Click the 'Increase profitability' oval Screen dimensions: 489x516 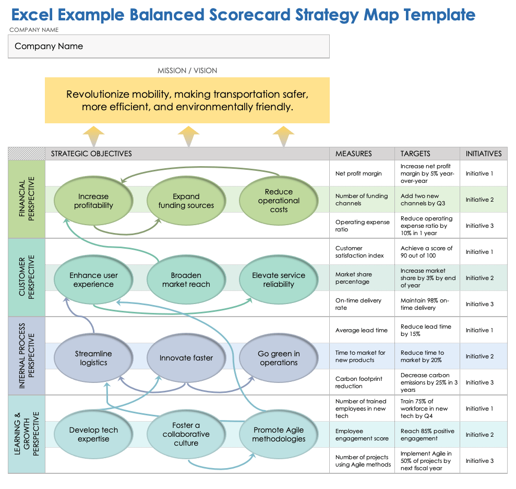[93, 201]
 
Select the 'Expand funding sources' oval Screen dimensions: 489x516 [186, 201]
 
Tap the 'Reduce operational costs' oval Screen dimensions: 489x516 [279, 201]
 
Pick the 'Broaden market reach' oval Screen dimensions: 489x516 [186, 280]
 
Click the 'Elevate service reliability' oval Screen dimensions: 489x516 [279, 280]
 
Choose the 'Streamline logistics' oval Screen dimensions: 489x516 [93, 358]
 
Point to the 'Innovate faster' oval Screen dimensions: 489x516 [186, 358]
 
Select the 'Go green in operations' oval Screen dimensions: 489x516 [279, 358]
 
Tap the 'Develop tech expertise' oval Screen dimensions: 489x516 [93, 434]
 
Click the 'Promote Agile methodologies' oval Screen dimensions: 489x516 [279, 434]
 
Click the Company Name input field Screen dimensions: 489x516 [169, 46]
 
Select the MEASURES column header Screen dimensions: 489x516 [353, 154]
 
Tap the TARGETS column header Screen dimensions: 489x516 [415, 154]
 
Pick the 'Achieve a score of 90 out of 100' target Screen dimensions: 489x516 [426, 252]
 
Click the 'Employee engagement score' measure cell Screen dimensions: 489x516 [362, 435]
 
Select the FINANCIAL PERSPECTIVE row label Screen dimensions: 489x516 [27, 200]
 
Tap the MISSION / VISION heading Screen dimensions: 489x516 [187, 71]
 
